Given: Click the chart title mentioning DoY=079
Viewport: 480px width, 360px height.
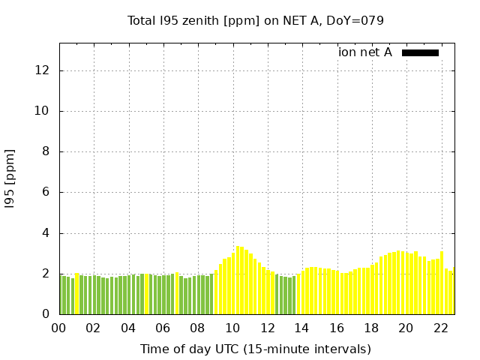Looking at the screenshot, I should tap(256, 20).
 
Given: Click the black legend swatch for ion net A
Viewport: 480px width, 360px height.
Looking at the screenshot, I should tap(420, 52).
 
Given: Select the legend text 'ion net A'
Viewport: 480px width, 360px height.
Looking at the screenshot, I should tap(365, 52).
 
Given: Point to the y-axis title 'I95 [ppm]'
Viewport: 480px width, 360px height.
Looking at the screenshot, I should tap(10, 178).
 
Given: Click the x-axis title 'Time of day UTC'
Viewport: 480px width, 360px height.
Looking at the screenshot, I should tap(256, 349).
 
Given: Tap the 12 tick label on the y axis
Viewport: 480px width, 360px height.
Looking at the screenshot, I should tap(43, 70).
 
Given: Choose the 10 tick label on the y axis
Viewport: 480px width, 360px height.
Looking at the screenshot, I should tap(43, 111).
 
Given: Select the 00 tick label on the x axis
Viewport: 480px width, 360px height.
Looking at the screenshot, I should tap(58, 328).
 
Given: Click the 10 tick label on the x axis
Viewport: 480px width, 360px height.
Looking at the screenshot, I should tap(232, 328).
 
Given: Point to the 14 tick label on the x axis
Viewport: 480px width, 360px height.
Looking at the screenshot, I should tap(301, 328).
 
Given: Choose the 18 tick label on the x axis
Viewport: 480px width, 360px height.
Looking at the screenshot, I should tap(371, 328).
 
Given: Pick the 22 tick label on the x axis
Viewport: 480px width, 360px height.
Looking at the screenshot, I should tap(441, 328).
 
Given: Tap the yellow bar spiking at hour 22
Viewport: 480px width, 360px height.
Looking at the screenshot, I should tap(442, 283).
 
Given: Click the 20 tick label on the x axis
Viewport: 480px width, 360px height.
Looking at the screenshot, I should tap(406, 328).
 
